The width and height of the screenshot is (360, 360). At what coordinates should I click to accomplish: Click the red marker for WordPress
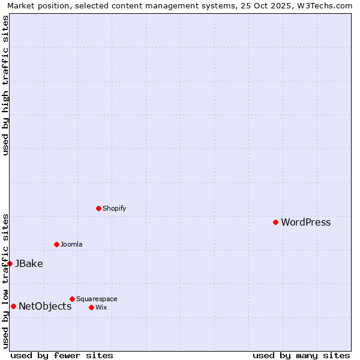pyautogui.click(x=275, y=222)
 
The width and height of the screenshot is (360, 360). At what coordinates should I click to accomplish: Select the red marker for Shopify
pyautogui.click(x=98, y=208)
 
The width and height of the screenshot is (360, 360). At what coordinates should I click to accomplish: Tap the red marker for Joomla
pyautogui.click(x=56, y=244)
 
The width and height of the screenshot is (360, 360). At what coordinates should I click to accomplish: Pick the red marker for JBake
pyautogui.click(x=10, y=263)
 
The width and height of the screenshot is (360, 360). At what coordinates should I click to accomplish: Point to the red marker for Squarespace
pyautogui.click(x=72, y=299)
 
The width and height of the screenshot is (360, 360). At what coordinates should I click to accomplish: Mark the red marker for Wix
pyautogui.click(x=91, y=307)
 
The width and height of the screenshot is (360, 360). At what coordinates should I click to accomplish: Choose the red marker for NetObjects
pyautogui.click(x=13, y=306)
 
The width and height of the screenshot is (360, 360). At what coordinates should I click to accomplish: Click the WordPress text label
pyautogui.click(x=305, y=223)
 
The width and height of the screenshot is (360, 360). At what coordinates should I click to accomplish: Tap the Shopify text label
pyautogui.click(x=114, y=209)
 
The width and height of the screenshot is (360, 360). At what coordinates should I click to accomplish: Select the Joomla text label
pyautogui.click(x=71, y=245)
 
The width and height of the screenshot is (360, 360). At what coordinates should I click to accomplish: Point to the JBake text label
pyautogui.click(x=29, y=263)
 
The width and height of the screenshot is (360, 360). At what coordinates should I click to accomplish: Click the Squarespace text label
pyautogui.click(x=97, y=299)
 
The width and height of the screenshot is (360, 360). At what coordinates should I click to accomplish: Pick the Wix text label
pyautogui.click(x=101, y=308)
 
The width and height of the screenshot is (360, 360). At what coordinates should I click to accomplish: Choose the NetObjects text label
pyautogui.click(x=45, y=307)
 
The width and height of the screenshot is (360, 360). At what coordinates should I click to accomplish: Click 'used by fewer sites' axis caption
pyautogui.click(x=62, y=356)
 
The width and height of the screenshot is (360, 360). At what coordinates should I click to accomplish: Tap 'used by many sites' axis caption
pyautogui.click(x=301, y=356)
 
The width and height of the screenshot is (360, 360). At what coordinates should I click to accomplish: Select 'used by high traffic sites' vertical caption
pyautogui.click(x=5, y=85)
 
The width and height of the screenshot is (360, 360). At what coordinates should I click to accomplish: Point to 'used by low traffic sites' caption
pyautogui.click(x=5, y=281)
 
